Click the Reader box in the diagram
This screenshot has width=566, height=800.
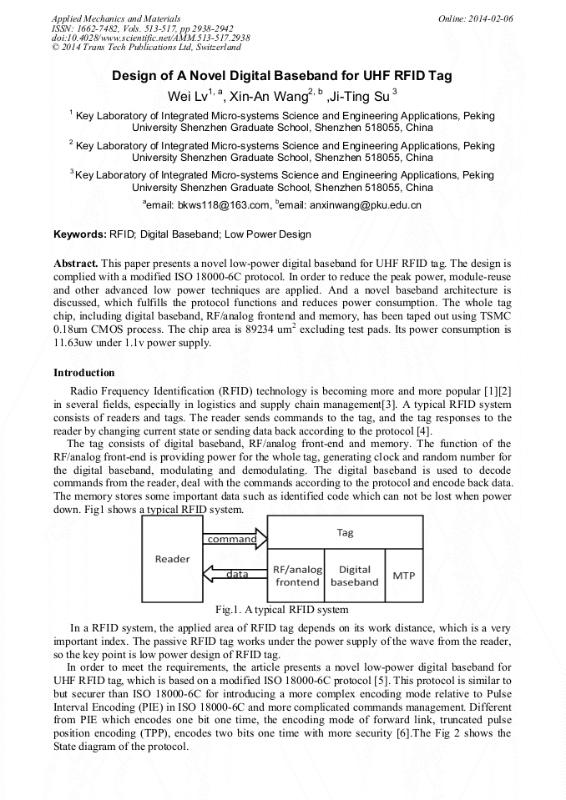tap(172, 559)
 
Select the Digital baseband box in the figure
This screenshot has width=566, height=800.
tap(354, 576)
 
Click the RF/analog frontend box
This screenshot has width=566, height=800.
tap(297, 576)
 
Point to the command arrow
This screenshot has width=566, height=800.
tap(234, 539)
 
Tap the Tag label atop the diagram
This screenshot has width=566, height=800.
tap(344, 531)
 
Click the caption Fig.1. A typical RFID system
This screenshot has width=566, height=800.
tap(281, 610)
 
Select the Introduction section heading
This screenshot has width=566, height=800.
tap(84, 372)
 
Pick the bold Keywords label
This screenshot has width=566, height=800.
tap(80, 234)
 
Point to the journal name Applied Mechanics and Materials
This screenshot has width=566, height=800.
tap(116, 18)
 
